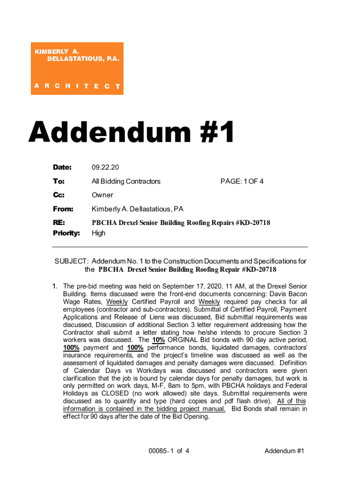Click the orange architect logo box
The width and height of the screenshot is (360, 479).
click(77, 68)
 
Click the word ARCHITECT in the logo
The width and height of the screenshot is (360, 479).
click(78, 87)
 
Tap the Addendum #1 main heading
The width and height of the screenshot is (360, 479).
click(131, 132)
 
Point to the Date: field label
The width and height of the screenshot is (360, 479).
click(62, 167)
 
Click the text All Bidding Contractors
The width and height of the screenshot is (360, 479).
click(126, 181)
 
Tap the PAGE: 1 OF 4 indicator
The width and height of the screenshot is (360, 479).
click(242, 181)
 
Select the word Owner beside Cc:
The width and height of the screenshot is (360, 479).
click(102, 195)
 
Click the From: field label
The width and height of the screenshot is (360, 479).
click(63, 209)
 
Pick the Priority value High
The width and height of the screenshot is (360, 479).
click(99, 233)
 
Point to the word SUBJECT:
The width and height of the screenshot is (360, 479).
click(72, 261)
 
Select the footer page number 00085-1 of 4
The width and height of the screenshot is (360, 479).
click(169, 451)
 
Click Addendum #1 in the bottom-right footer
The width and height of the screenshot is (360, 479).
click(284, 451)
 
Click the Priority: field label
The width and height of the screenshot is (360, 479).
click(66, 233)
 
